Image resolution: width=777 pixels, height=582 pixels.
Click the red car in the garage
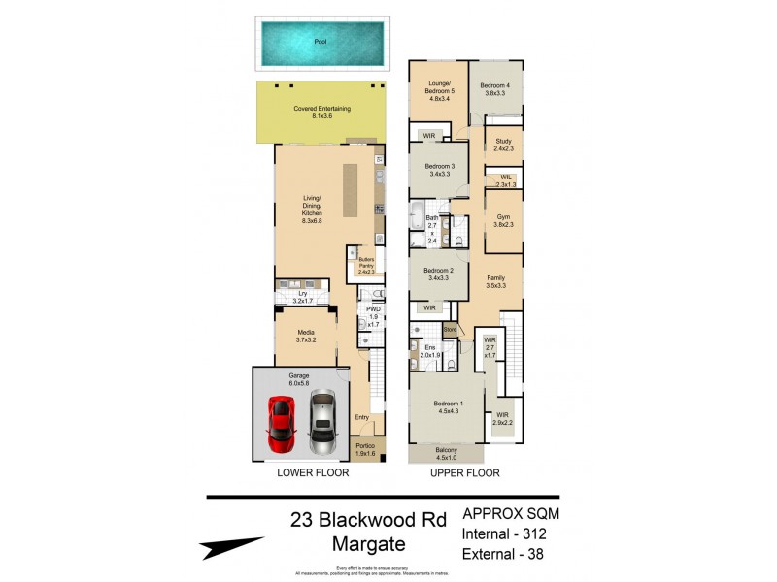(281, 424)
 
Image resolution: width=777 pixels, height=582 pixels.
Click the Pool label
(321, 42)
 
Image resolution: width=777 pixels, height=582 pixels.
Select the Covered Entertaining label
(321, 112)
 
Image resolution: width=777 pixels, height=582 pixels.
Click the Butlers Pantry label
(366, 265)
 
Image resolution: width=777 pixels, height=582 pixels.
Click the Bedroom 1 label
(447, 406)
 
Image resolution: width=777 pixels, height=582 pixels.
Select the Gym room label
(502, 220)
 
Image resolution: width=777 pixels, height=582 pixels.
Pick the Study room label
(502, 145)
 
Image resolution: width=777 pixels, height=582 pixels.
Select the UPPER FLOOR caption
(466, 473)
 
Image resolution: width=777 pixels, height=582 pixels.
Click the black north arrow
(232, 548)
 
